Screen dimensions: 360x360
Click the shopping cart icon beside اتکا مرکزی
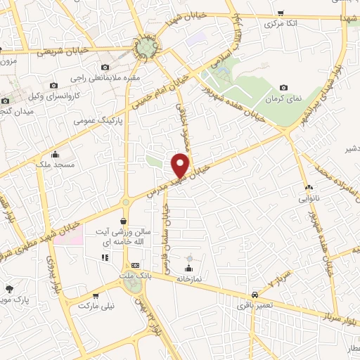281,13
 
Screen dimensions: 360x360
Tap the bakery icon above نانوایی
309,187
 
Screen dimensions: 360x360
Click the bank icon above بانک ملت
136,266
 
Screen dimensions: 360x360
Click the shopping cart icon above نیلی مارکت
95,296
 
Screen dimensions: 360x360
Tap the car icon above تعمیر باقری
253,295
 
